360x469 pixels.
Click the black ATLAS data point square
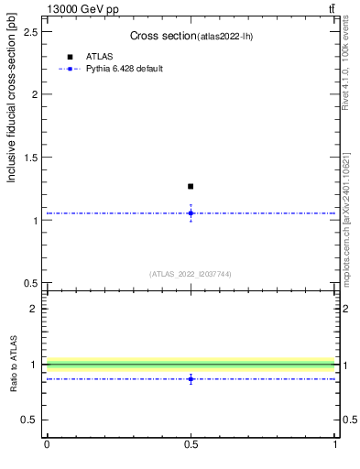tap(191, 186)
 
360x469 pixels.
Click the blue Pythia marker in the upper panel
tap(191, 213)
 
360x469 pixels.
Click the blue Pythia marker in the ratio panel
tap(191, 378)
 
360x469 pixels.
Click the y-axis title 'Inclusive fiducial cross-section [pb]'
tap(12, 103)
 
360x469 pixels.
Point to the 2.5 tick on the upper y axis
tap(34, 32)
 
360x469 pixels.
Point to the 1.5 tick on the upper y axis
tap(34, 158)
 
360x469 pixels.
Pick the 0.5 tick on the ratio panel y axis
tap(34, 420)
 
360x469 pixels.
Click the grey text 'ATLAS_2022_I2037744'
tap(191, 274)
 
